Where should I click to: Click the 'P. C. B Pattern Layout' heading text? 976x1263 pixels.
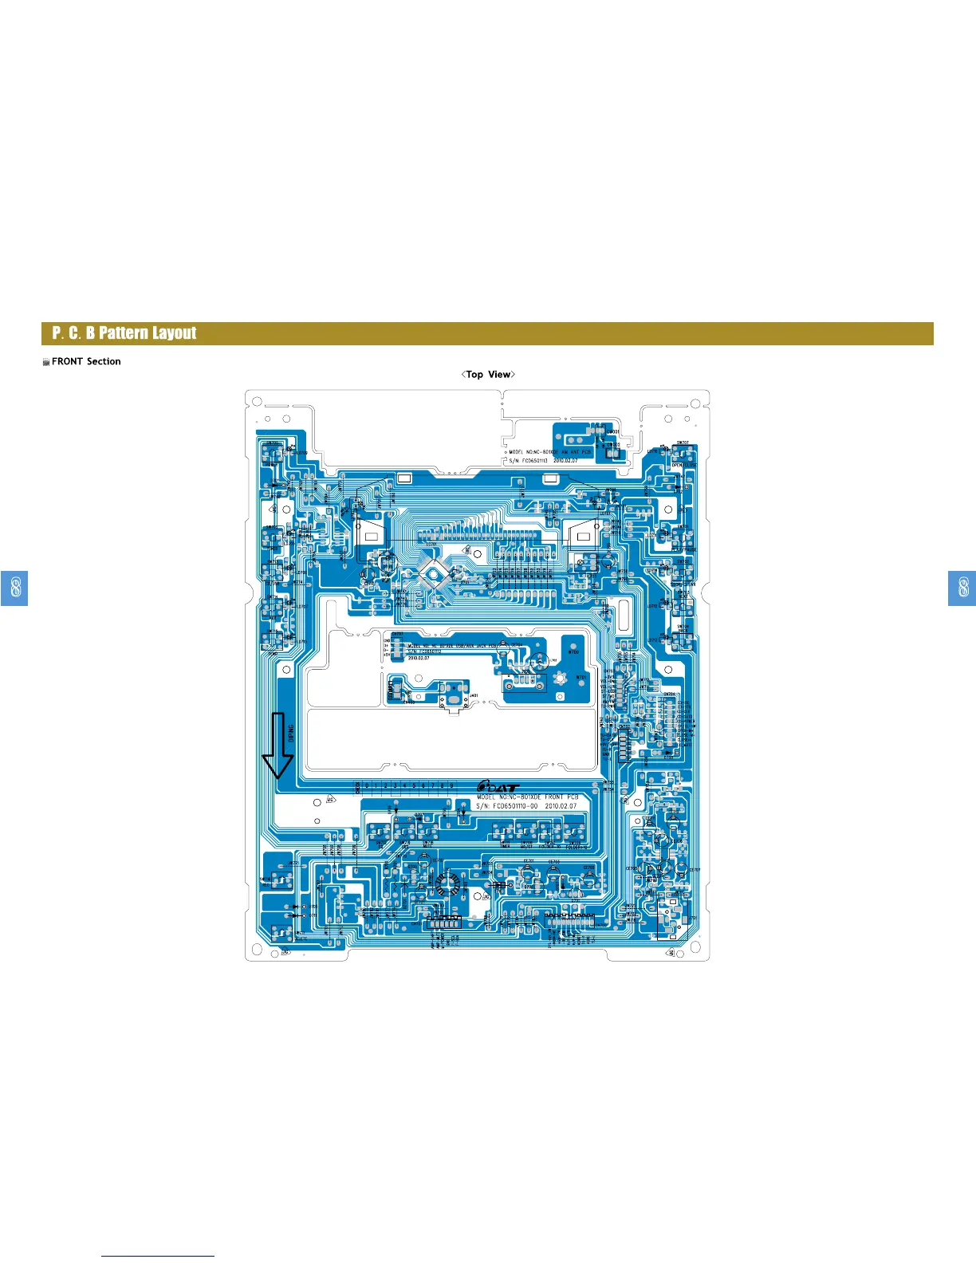pos(124,333)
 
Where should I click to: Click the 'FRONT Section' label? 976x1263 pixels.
pos(85,361)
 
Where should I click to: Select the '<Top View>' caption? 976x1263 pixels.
pos(488,374)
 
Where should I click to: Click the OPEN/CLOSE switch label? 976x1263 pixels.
pos(683,465)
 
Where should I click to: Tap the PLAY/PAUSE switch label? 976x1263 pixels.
pos(684,549)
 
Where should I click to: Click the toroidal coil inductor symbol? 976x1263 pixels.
pos(444,883)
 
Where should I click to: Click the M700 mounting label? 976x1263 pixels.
pos(573,651)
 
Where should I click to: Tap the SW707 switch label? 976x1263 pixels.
pos(683,443)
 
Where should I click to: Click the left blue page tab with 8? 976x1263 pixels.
pos(14,588)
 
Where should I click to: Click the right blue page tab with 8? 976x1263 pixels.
pos(962,588)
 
